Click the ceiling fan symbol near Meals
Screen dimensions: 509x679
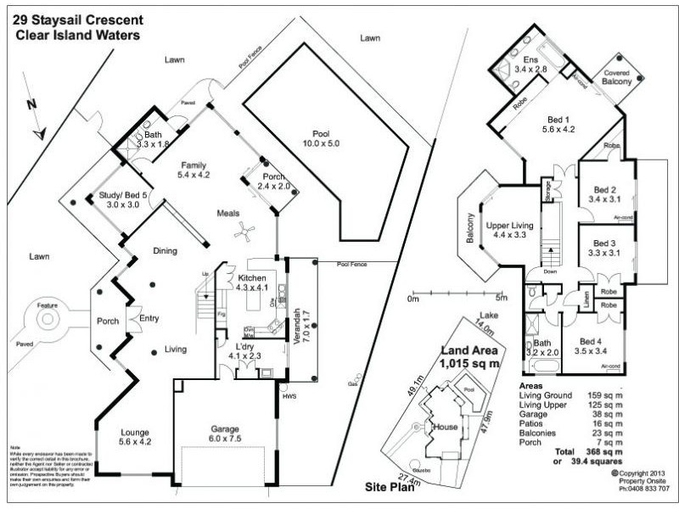click(x=244, y=229)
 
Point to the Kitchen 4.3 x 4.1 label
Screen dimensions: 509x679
click(x=253, y=283)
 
